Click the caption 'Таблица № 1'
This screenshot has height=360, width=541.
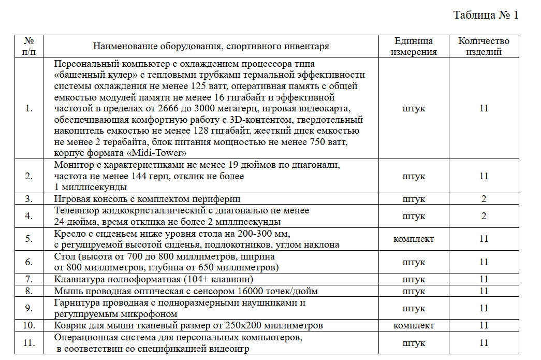pyautogui.click(x=485, y=15)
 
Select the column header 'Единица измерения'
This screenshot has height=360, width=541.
pyautogui.click(x=413, y=46)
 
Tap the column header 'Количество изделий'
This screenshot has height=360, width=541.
pyautogui.click(x=484, y=46)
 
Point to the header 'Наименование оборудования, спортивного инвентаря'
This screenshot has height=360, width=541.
pyautogui.click(x=211, y=47)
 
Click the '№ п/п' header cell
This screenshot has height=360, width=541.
pyautogui.click(x=29, y=46)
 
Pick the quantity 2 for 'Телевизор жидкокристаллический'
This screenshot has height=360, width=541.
pyautogui.click(x=484, y=216)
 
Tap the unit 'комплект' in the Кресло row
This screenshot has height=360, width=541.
pyautogui.click(x=413, y=239)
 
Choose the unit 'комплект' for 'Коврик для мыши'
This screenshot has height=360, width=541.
pyautogui.click(x=413, y=326)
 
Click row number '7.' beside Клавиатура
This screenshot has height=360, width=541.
pyautogui.click(x=29, y=280)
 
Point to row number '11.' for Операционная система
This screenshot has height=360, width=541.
pyautogui.click(x=29, y=343)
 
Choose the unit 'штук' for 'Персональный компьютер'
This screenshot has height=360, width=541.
pyautogui.click(x=413, y=108)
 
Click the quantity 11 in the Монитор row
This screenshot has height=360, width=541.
pyautogui.click(x=484, y=176)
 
